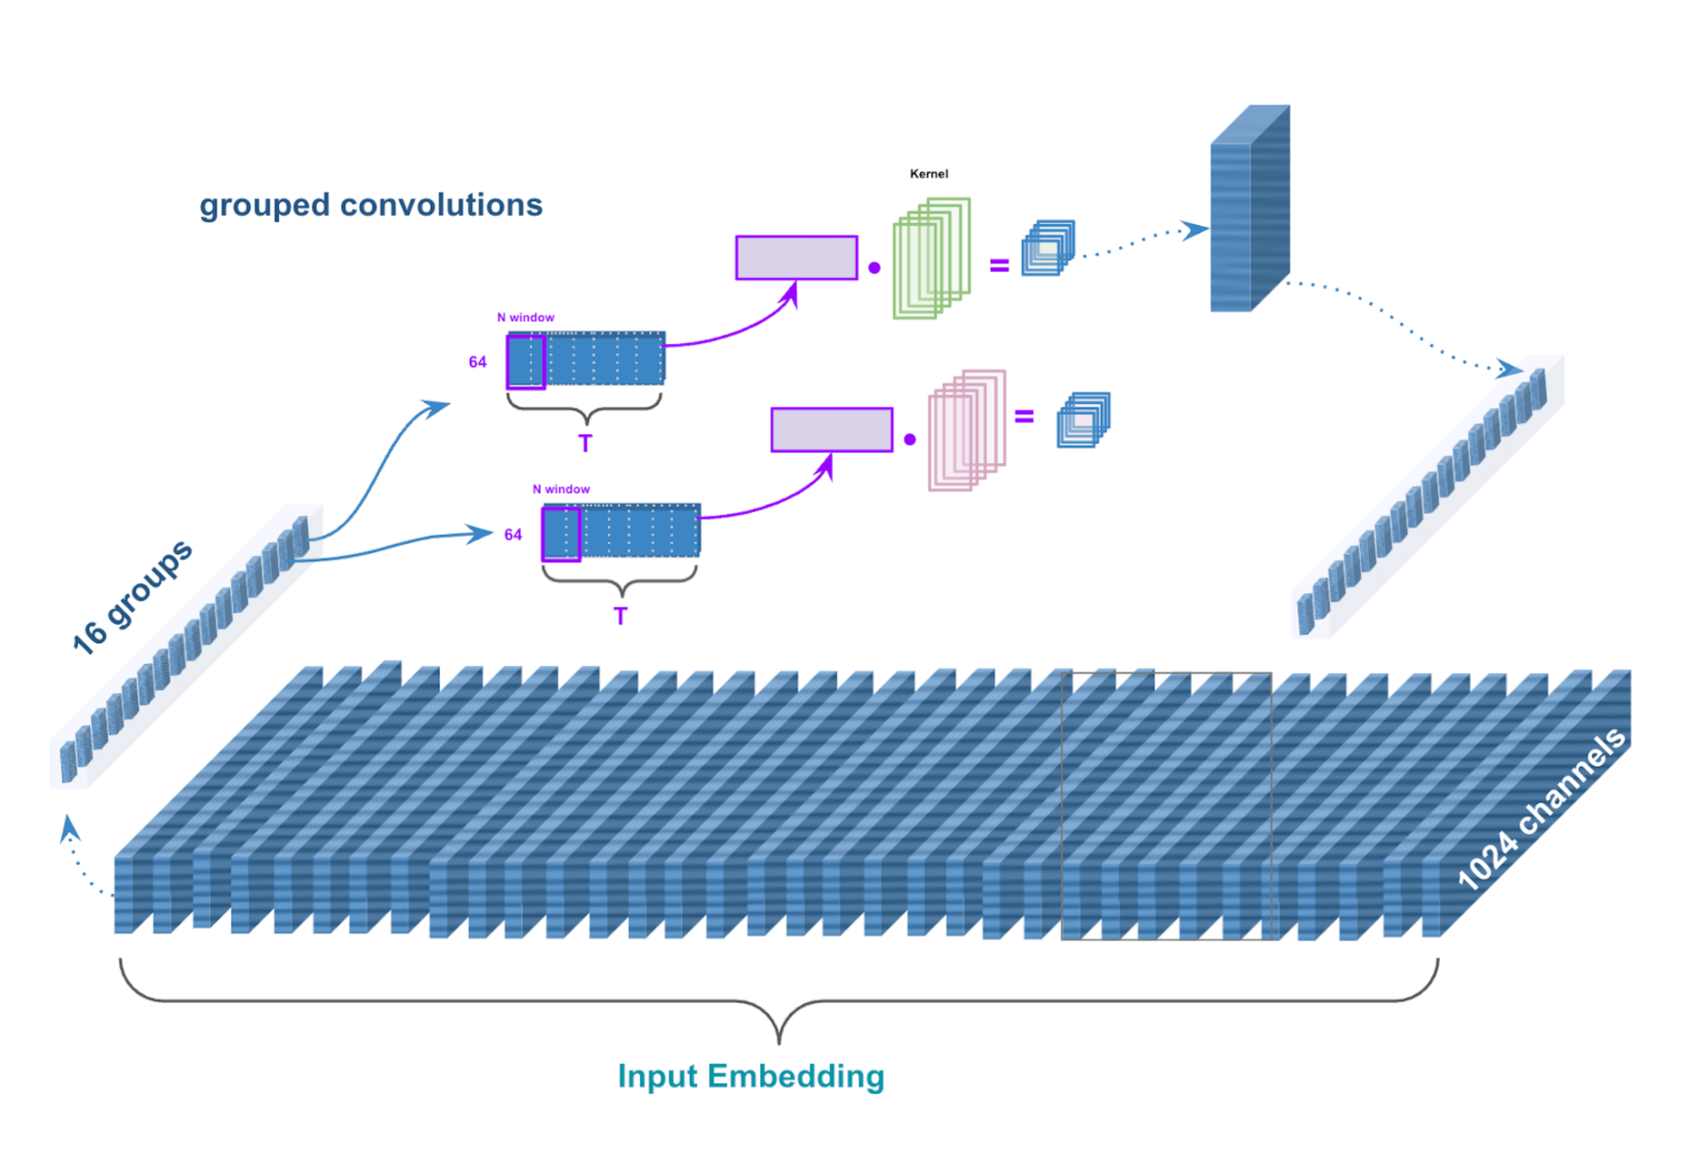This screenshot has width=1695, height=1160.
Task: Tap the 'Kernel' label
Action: click(928, 173)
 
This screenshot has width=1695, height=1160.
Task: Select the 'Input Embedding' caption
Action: click(750, 1076)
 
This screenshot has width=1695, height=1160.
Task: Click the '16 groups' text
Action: click(132, 597)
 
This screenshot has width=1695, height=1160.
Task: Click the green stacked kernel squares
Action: click(932, 258)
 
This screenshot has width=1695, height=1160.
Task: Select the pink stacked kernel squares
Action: click(966, 430)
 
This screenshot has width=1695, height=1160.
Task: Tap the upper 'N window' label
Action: click(525, 317)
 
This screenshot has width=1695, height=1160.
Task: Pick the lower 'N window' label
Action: click(561, 489)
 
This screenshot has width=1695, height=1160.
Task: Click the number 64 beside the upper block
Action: click(478, 362)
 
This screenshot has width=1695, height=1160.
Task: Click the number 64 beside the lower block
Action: click(513, 535)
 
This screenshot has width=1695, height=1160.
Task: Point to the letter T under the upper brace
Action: click(585, 443)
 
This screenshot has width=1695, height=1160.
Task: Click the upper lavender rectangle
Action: click(796, 257)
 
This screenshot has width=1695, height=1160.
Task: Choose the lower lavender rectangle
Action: click(832, 430)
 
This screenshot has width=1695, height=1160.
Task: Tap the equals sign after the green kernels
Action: click(999, 266)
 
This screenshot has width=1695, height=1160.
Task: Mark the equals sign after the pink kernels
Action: click(1024, 416)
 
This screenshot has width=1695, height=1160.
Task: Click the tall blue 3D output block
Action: click(1249, 212)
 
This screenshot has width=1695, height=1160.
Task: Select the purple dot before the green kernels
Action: click(874, 268)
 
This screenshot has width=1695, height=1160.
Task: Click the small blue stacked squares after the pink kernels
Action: click(1084, 420)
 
